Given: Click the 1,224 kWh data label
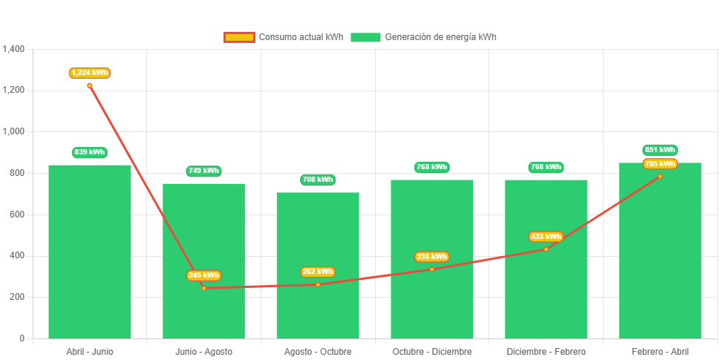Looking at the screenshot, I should [x=90, y=73].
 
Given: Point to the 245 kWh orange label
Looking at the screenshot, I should [x=203, y=275].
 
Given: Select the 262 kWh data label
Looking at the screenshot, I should [x=318, y=272].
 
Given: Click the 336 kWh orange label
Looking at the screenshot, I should [x=431, y=257].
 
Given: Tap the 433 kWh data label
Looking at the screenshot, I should [x=546, y=237].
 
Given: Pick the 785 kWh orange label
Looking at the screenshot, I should [x=660, y=164].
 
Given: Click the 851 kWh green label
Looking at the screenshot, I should [x=660, y=150].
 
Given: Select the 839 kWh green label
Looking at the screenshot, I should [x=90, y=152].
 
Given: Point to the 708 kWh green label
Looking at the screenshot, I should [x=318, y=180].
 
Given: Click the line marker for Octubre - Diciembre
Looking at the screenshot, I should [x=431, y=269].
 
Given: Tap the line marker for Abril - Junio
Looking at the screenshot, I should [x=90, y=85].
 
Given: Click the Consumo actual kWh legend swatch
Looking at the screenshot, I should [x=238, y=37].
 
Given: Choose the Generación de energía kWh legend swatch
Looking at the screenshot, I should [x=365, y=37].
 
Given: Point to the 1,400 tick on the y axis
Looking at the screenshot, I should [x=14, y=49].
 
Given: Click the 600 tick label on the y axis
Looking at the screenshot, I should [x=17, y=215].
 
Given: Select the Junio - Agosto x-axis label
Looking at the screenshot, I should [x=203, y=351].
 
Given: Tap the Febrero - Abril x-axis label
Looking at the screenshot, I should [x=660, y=351].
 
